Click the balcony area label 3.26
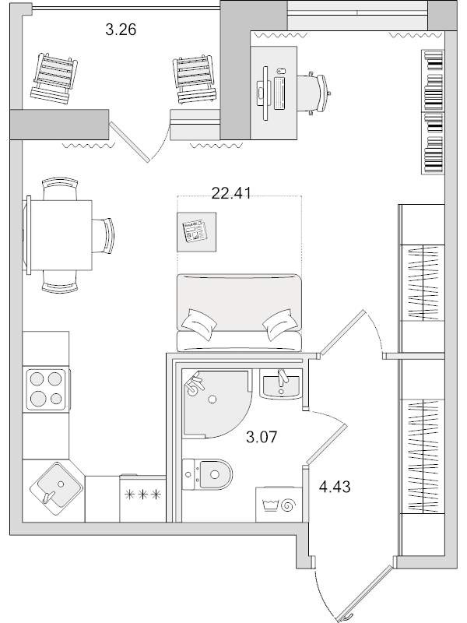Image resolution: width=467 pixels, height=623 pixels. click(x=121, y=31)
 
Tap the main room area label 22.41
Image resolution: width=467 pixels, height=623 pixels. click(x=231, y=194)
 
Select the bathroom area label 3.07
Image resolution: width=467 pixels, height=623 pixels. click(x=262, y=438)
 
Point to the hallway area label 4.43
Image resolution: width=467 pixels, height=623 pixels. click(x=335, y=488)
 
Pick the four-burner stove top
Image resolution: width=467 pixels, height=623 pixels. click(x=45, y=389)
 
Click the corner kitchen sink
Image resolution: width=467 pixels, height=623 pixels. click(x=54, y=487)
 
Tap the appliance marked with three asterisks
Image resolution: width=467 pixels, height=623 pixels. click(x=142, y=495)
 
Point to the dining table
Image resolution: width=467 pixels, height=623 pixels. click(x=61, y=234)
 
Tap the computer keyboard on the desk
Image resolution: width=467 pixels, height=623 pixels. click(x=279, y=93)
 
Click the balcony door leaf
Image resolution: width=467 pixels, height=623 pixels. click(x=128, y=141)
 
